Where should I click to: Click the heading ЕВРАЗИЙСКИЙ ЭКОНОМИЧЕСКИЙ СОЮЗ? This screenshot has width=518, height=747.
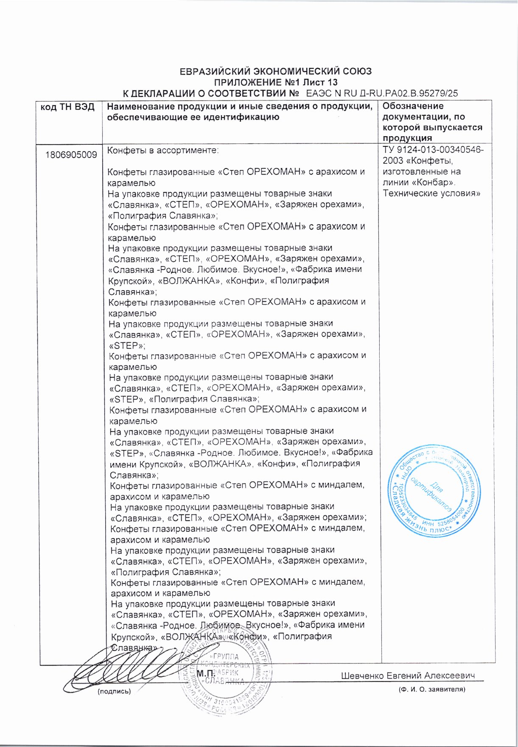[x=275, y=71]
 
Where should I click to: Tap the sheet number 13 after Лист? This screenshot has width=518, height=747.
[x=332, y=82]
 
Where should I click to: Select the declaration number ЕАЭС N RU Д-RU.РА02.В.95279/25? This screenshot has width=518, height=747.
[x=382, y=93]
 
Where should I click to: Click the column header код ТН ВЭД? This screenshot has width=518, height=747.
[x=67, y=107]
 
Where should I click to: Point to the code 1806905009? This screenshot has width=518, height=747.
[x=71, y=155]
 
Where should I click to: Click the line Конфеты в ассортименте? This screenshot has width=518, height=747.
[x=163, y=150]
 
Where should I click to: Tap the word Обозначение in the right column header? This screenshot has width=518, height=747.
[x=413, y=107]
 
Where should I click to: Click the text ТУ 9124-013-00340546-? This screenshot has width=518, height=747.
[x=433, y=150]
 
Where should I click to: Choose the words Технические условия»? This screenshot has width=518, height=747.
[x=431, y=194]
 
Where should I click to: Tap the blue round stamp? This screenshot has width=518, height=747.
[x=433, y=491]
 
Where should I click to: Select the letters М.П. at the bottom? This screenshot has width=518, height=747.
[x=206, y=674]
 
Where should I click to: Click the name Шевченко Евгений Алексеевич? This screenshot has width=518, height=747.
[x=408, y=676]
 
